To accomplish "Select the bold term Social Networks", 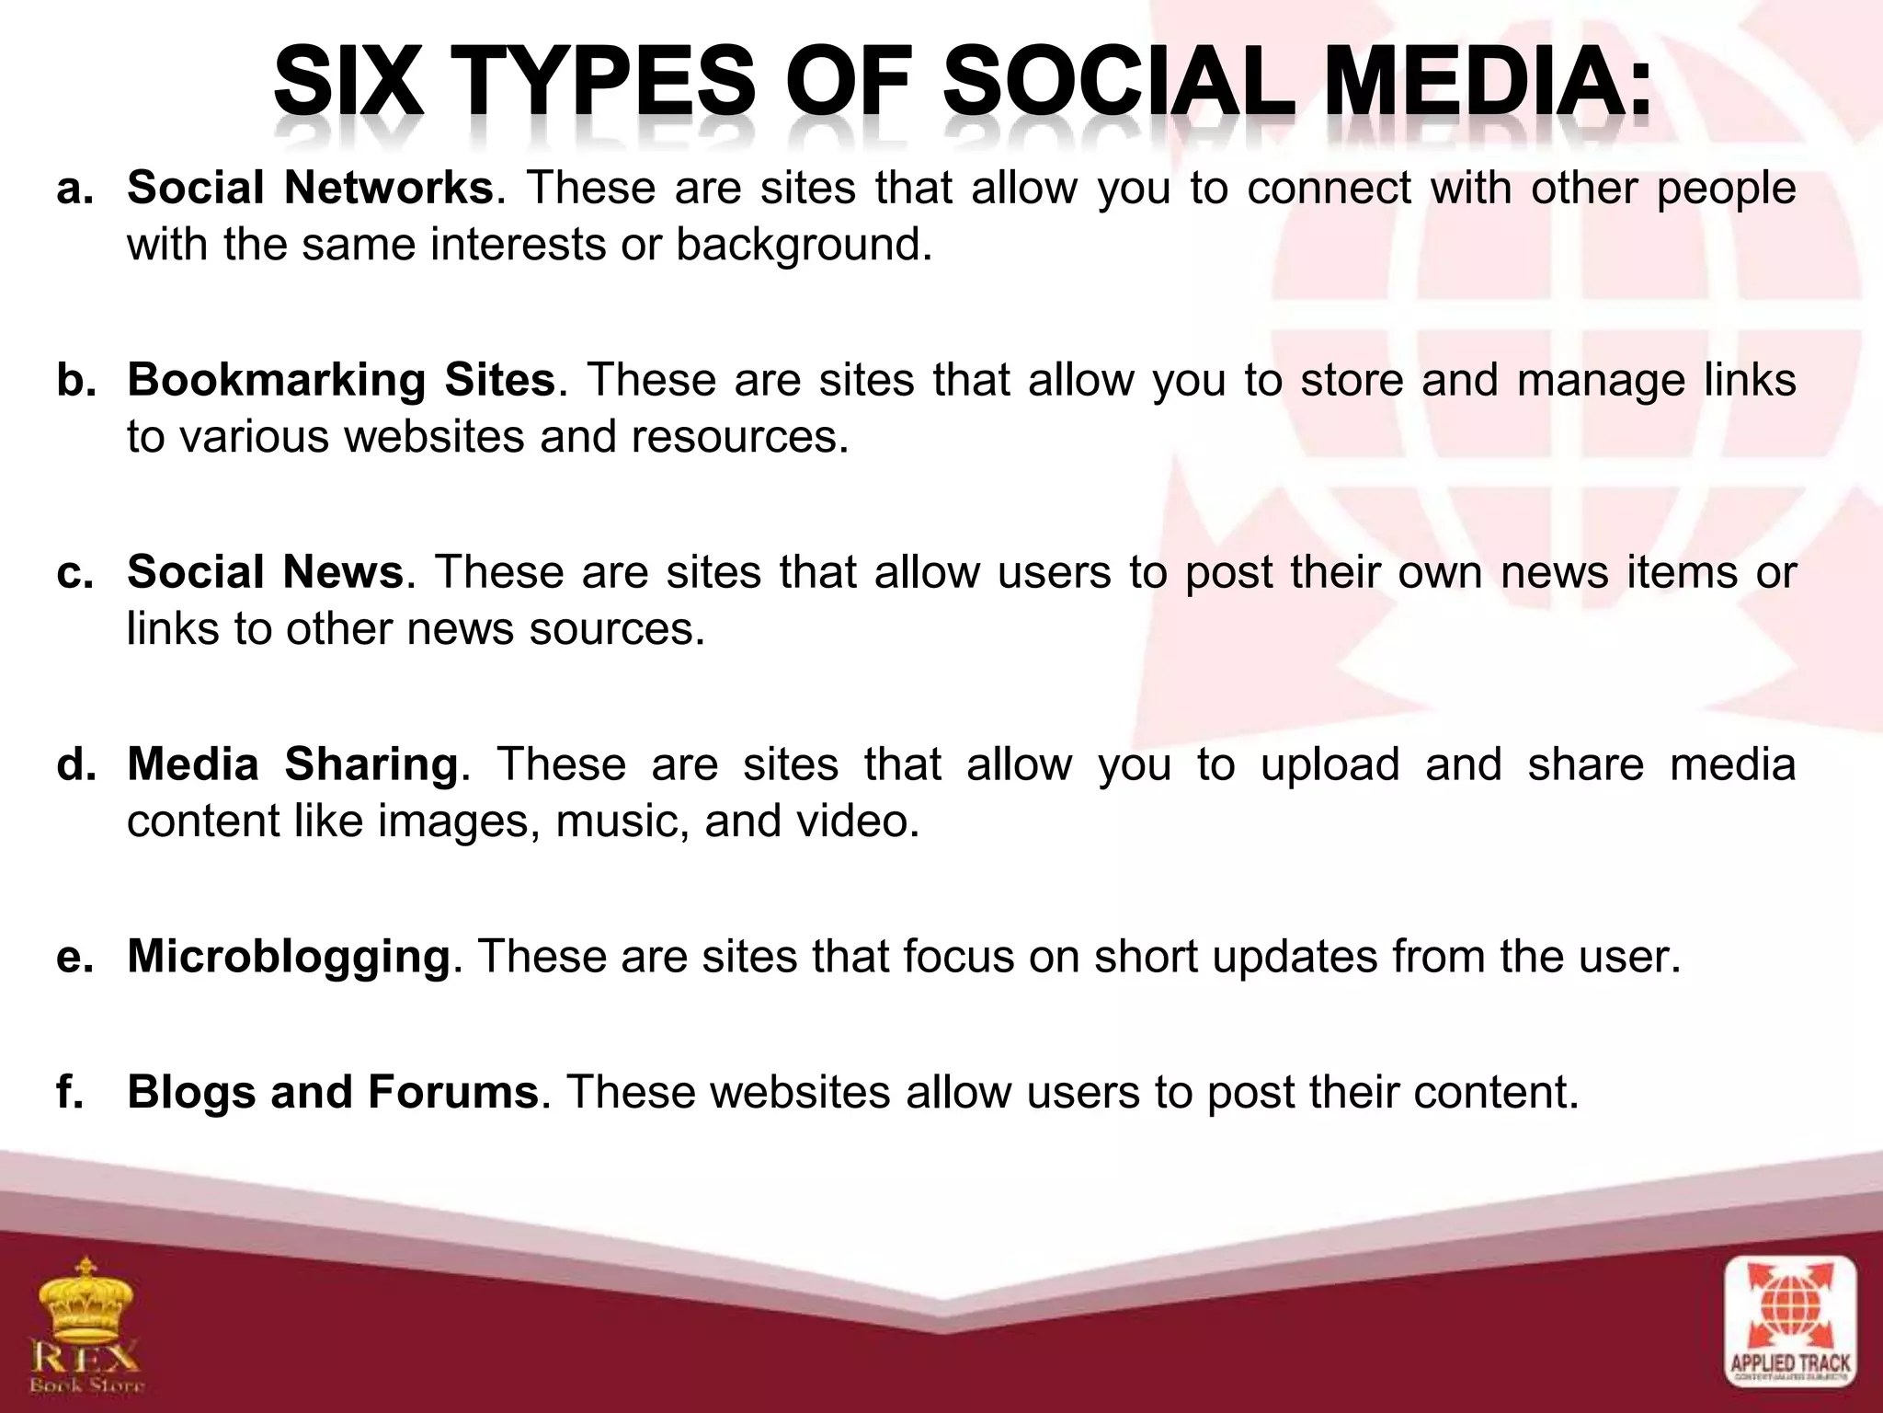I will point(310,189).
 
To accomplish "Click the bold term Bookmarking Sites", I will point(341,380).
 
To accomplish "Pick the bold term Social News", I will point(265,572).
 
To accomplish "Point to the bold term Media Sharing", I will point(292,764).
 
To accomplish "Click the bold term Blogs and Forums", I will point(333,1093).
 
